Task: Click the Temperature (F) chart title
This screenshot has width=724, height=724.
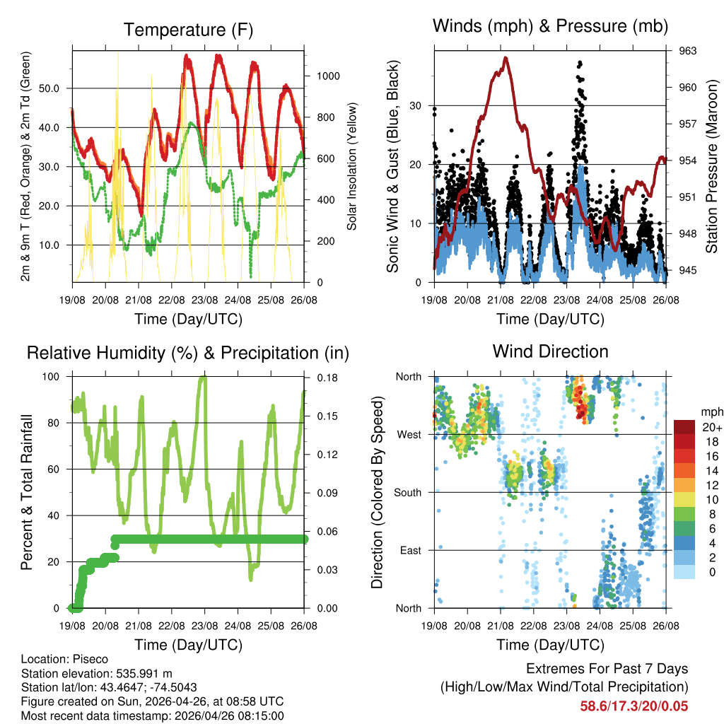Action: (x=188, y=30)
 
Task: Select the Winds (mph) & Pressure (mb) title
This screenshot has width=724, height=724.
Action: (x=550, y=26)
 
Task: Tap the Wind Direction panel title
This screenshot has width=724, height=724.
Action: (x=550, y=351)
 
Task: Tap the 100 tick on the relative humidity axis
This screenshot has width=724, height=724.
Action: (x=52, y=377)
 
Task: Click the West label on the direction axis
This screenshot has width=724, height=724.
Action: (x=409, y=435)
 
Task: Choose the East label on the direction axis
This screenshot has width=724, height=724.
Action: (x=410, y=551)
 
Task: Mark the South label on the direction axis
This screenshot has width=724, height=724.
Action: (x=407, y=493)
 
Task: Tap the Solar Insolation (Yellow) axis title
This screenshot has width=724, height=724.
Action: (x=352, y=166)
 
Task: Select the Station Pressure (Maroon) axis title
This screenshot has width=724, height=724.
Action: (x=713, y=166)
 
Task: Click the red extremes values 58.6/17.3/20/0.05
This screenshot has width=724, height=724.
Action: (x=634, y=706)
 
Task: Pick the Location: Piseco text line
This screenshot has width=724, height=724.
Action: (x=65, y=659)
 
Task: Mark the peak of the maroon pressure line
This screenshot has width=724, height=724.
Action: (x=506, y=58)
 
